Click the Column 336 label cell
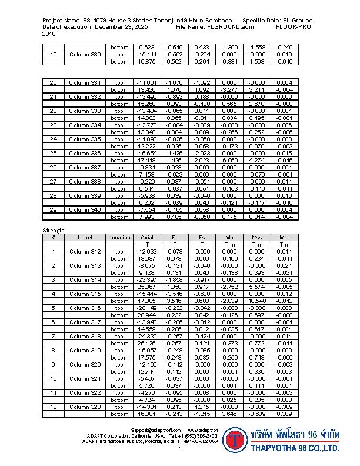[x=85, y=153]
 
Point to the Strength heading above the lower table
[x=53, y=230]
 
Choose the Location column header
[x=119, y=237]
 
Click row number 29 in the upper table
[x=53, y=209]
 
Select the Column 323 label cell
[x=85, y=407]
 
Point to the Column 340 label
[x=85, y=209]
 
